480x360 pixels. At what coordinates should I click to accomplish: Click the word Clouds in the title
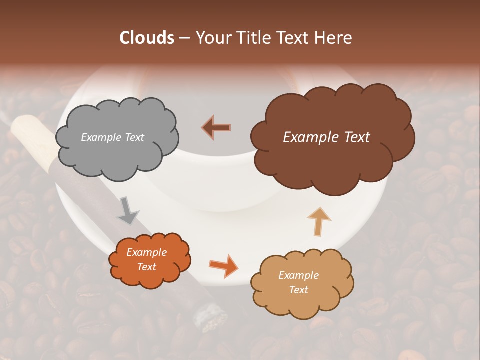147,38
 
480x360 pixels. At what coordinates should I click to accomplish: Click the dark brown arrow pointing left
216,127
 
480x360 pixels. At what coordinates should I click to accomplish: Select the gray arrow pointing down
128,210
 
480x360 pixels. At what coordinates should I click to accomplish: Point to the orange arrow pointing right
224,265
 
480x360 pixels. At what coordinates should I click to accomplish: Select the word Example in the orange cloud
146,252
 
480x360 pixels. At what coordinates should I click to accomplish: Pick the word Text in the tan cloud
298,290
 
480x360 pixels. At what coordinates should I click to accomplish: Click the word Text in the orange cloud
146,267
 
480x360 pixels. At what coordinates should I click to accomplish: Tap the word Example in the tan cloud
298,275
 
